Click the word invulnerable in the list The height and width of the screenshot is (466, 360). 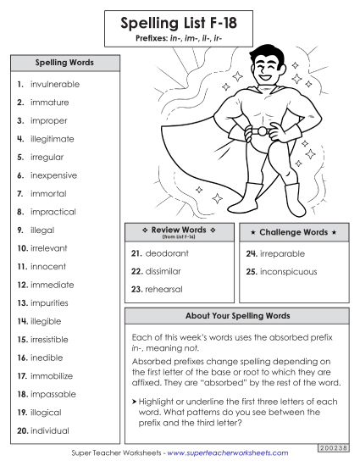tap(54, 85)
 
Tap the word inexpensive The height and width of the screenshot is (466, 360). tap(53, 175)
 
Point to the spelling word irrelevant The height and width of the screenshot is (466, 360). tap(54, 248)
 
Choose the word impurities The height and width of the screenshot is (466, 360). tap(50, 302)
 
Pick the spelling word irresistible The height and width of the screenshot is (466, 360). tap(55, 339)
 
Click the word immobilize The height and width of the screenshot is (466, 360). tap(53, 375)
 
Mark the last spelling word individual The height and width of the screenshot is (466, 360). tap(51, 430)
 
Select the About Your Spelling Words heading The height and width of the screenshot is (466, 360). tap(237, 316)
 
